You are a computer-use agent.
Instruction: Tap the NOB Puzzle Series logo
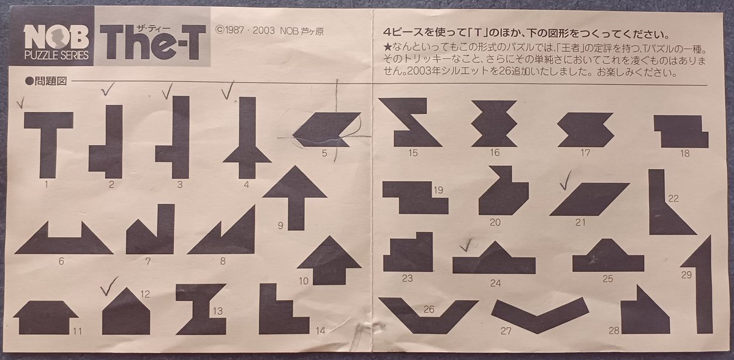point(56,44)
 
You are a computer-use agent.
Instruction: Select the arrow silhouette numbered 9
point(294,196)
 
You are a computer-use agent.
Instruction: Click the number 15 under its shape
point(413,152)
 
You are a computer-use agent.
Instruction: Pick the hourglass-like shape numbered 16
point(494,123)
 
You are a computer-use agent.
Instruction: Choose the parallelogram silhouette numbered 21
point(588,199)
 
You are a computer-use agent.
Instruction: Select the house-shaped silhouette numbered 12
point(125,313)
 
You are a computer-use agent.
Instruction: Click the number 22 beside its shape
point(673,198)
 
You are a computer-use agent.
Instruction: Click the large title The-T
point(152,43)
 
